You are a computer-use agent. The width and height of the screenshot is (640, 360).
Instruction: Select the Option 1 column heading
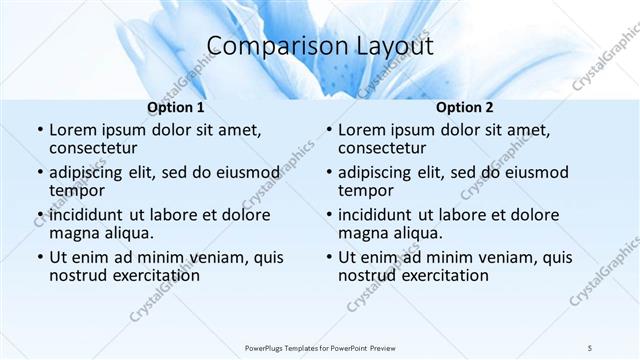click(176, 107)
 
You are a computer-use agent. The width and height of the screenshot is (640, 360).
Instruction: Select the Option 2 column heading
click(465, 107)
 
